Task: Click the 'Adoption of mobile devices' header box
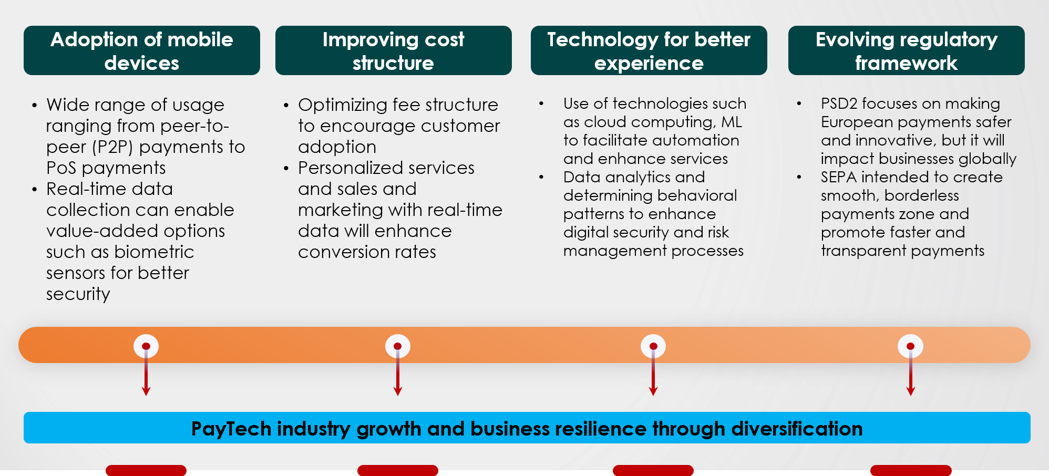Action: coord(142,50)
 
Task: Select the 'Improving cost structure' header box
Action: coord(393,50)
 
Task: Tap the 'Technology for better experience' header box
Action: coord(649,50)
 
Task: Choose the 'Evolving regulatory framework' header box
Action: coord(906,50)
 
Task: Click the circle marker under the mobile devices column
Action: coord(146,346)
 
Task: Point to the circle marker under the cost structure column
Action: coord(398,346)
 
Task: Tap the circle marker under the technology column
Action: coord(653,346)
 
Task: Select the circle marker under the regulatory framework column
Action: coord(911,346)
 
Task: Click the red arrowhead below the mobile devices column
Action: coord(146,391)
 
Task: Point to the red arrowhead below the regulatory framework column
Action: coord(911,391)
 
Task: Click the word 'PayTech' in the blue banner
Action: coord(231,429)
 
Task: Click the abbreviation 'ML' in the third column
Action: coord(731,122)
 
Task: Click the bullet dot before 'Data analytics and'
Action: coord(541,178)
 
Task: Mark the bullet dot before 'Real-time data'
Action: coord(35,190)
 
